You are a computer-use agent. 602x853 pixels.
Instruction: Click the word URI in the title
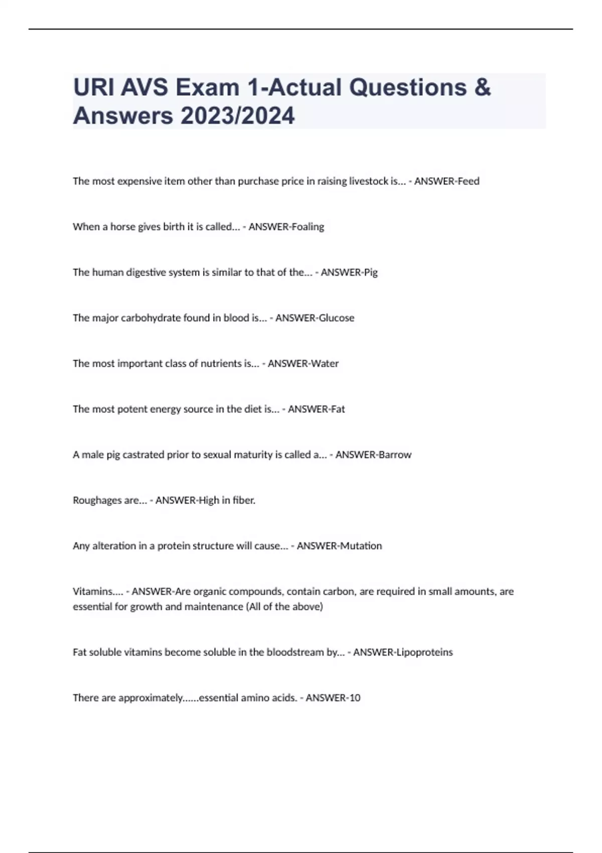click(x=90, y=87)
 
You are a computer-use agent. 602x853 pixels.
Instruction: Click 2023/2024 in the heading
click(x=238, y=116)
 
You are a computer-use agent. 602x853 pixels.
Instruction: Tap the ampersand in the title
click(x=482, y=87)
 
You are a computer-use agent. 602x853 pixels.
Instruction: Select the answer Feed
click(x=468, y=181)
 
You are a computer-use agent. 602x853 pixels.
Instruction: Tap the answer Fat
click(x=338, y=409)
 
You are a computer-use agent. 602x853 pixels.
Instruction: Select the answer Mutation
click(x=361, y=546)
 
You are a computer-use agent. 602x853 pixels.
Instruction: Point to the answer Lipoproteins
click(x=424, y=652)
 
